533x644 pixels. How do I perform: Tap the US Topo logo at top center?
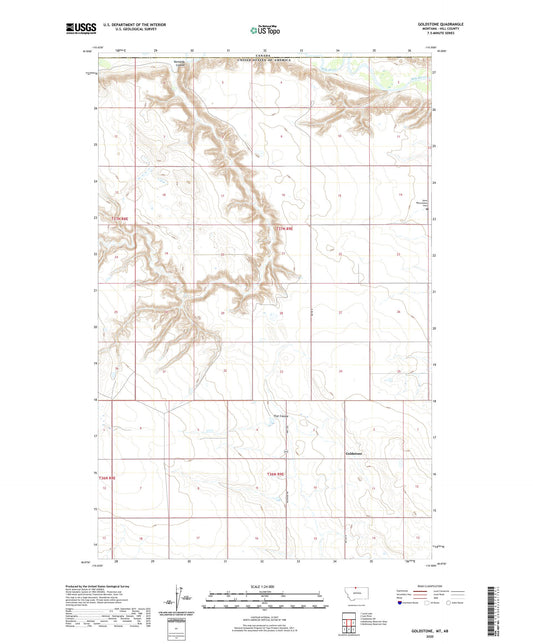coord(265,30)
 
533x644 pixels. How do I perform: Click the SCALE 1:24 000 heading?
coord(265,584)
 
